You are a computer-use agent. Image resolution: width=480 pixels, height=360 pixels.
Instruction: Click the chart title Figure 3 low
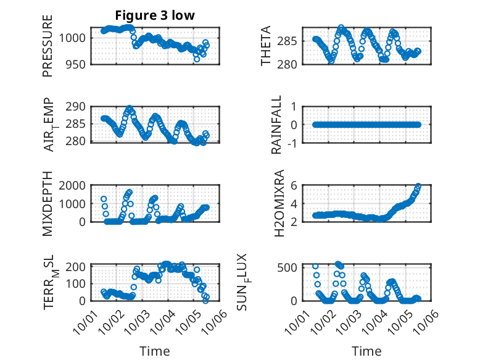pyautogui.click(x=155, y=16)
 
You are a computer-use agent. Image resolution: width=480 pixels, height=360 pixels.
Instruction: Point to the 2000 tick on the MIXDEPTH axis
pyautogui.click(x=75, y=185)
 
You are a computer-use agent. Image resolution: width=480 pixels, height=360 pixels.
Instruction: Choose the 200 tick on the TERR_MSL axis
pyautogui.click(x=77, y=267)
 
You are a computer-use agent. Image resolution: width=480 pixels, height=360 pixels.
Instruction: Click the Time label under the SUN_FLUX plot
pyautogui.click(x=367, y=351)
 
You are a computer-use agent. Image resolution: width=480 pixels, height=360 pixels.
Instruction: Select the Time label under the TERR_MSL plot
pyautogui.click(x=155, y=351)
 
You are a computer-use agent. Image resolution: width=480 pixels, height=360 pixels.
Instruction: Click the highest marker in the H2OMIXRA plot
pyautogui.click(x=418, y=186)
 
